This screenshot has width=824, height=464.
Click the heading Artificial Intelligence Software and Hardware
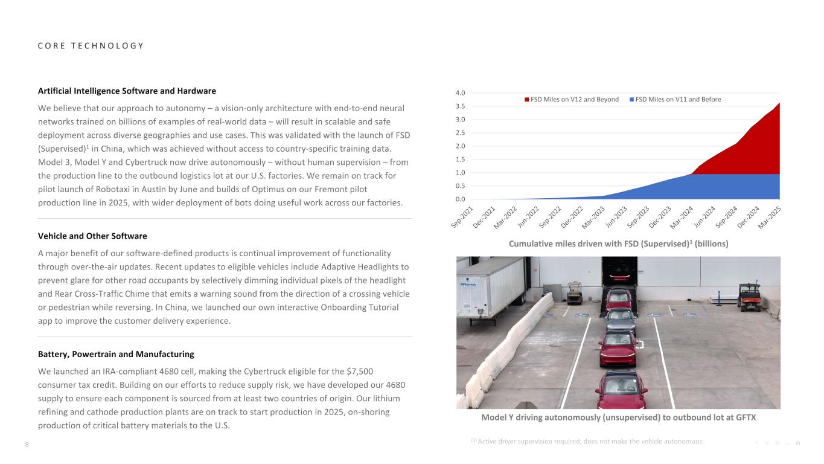pos(127,91)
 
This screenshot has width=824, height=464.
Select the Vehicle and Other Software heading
pos(92,236)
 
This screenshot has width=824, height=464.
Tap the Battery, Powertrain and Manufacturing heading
pos(116,354)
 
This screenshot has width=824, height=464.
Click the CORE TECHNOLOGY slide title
pos(91,46)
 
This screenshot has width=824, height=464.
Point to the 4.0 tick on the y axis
pos(460,93)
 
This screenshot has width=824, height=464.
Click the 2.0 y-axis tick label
pos(460,146)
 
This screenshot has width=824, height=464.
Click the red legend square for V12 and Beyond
pos(526,100)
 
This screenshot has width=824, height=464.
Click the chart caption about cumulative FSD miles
pos(619,243)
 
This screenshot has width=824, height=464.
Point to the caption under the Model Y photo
pos(619,417)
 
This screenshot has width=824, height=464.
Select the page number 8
pos(27,445)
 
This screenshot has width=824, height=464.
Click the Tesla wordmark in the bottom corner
pos(778,443)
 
